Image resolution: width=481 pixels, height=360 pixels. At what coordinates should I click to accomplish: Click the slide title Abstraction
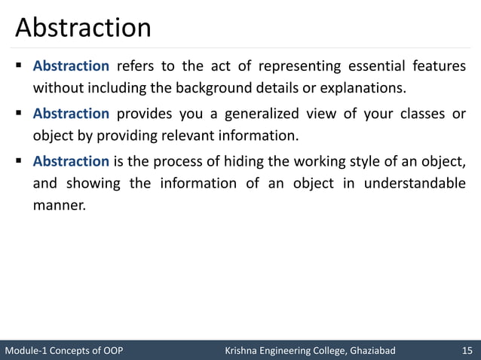pos(83,28)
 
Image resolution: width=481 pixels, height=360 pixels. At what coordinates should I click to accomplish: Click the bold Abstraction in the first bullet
pos(71,66)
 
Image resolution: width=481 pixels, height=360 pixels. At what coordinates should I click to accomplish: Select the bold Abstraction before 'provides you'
pos(71,114)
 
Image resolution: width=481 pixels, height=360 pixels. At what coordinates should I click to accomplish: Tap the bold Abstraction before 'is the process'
pos(71,161)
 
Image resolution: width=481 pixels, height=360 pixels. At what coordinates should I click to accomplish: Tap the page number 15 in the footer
pos(467,350)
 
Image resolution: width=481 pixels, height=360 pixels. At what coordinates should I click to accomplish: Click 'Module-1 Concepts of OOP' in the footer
pos(63,350)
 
